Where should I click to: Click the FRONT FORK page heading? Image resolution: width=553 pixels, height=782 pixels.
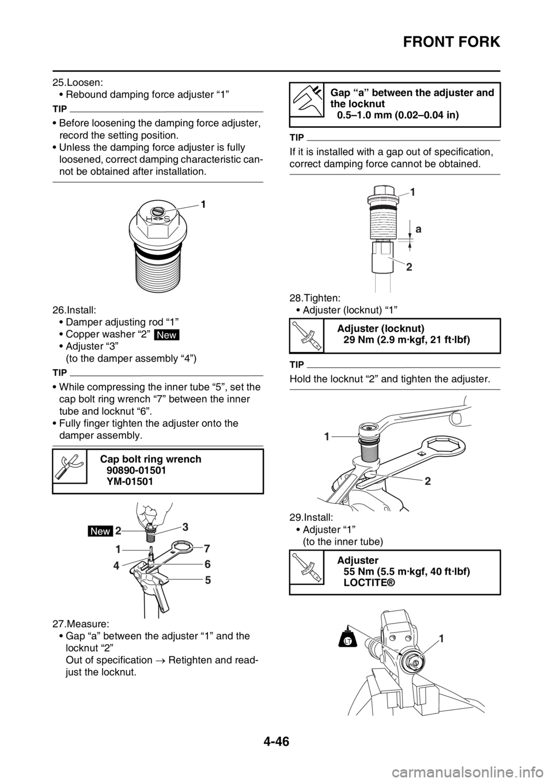[452, 42]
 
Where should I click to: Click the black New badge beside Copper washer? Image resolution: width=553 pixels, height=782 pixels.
[166, 335]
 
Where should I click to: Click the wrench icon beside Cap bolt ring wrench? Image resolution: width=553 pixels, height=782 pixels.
[70, 466]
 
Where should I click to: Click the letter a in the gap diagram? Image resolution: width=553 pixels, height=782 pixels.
[418, 229]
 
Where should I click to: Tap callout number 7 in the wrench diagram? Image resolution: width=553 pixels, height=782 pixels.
[207, 548]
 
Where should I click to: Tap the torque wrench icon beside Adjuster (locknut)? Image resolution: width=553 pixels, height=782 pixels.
[306, 336]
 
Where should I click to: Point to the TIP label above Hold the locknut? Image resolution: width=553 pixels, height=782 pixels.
[297, 365]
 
